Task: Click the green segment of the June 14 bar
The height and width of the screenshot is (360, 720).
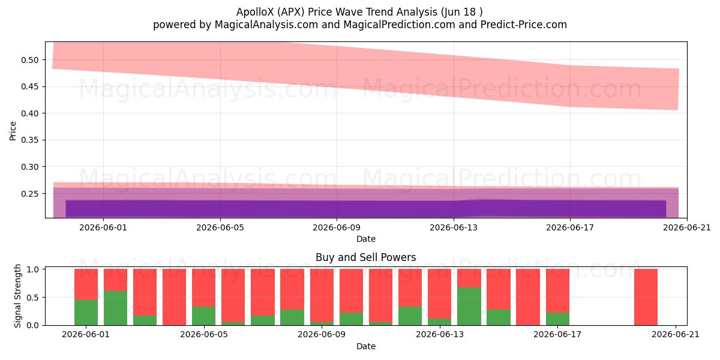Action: [469, 307]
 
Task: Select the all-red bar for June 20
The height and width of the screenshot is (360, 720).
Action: [646, 297]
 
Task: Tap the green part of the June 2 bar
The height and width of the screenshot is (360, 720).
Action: [115, 308]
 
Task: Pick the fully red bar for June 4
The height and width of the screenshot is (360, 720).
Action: [174, 297]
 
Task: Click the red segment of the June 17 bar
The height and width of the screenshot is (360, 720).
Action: [557, 290]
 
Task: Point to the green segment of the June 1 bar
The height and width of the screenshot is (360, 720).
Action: [86, 313]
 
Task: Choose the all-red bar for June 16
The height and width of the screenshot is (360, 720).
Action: [528, 297]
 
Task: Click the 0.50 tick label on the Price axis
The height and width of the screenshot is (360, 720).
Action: [29, 60]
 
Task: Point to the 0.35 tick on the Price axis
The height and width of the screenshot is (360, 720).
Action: [29, 140]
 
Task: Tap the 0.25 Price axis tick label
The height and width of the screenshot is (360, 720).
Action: [29, 194]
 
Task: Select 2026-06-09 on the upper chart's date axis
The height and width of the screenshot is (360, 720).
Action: [337, 227]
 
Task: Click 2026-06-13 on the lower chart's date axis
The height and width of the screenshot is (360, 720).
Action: [440, 335]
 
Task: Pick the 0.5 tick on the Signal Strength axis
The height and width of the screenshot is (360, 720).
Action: [33, 298]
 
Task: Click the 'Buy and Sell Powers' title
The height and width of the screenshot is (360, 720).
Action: [366, 257]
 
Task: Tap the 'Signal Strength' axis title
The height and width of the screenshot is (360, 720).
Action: [17, 296]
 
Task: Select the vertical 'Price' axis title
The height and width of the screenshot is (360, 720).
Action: [13, 131]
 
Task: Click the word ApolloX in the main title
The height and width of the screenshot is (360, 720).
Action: [256, 12]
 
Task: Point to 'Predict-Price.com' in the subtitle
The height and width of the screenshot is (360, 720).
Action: [524, 25]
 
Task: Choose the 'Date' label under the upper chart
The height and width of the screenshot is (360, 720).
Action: [366, 239]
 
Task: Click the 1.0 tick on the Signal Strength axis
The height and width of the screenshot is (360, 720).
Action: [33, 269]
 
